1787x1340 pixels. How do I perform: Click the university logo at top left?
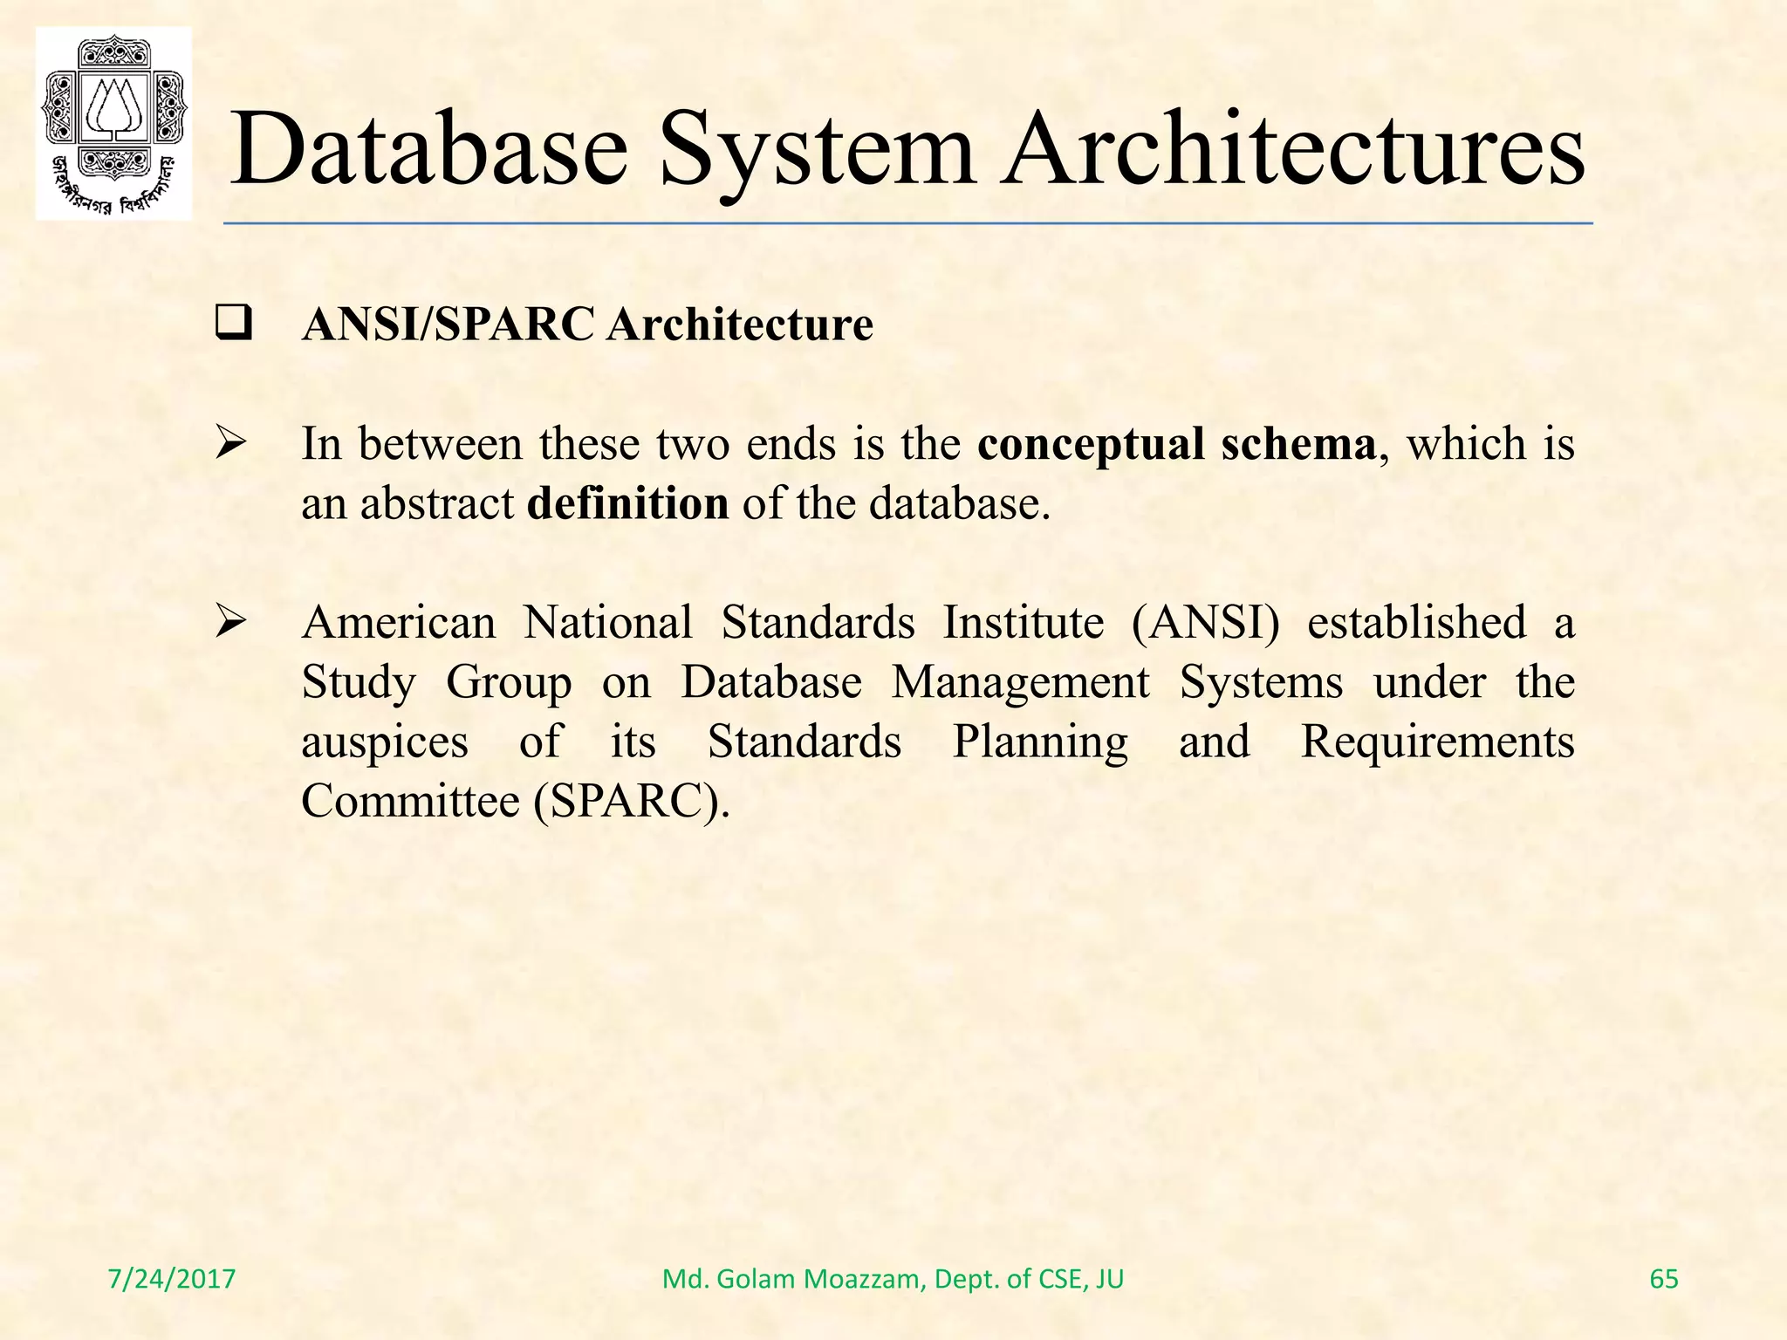(113, 123)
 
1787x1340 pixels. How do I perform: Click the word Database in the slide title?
(428, 148)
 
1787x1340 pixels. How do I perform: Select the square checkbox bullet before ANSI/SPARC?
(233, 325)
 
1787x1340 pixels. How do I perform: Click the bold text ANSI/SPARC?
(448, 325)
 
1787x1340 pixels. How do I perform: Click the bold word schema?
(1297, 444)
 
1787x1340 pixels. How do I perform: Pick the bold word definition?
(627, 504)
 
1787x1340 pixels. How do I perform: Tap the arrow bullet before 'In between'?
(232, 445)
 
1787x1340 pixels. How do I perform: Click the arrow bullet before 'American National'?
(232, 624)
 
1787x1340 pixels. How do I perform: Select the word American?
(399, 623)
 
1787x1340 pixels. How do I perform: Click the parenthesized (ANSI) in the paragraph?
(1205, 623)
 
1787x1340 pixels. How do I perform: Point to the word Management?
(1020, 682)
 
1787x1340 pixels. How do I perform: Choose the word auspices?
(385, 742)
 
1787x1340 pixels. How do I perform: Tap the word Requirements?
(1437, 742)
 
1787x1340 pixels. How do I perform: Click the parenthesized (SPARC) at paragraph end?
(631, 801)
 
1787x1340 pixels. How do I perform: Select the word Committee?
(410, 801)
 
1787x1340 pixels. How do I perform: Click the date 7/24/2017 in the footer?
(172, 1279)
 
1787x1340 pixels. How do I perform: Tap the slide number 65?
(1664, 1279)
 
